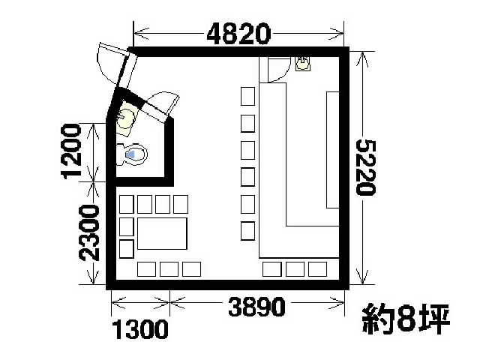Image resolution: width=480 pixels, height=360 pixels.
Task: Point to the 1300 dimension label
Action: coord(139,329)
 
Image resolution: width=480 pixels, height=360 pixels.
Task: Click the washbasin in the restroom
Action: coord(127,117)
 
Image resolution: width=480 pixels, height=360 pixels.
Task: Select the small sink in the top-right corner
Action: coord(303,63)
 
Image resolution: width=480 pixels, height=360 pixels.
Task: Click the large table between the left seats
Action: coord(160,235)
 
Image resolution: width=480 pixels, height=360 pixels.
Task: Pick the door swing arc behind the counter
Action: coord(275,69)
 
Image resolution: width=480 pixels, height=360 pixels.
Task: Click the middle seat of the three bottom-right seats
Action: coord(295,268)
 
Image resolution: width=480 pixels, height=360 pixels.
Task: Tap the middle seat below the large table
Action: coord(169,268)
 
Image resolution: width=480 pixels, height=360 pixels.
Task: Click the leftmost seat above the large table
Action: coord(126,203)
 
